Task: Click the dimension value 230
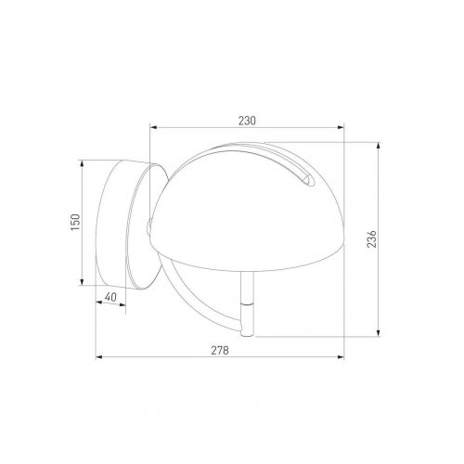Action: click(x=247, y=121)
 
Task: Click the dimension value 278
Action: click(x=220, y=351)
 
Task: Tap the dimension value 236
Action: click(x=371, y=238)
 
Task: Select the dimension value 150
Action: click(x=75, y=222)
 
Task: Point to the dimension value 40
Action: click(x=110, y=297)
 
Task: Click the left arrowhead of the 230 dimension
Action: click(x=153, y=127)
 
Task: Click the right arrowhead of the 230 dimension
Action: click(x=341, y=127)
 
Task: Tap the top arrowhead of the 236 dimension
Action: click(x=378, y=146)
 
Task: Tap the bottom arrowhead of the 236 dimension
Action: click(x=378, y=333)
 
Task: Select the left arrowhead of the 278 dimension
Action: click(x=99, y=357)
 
